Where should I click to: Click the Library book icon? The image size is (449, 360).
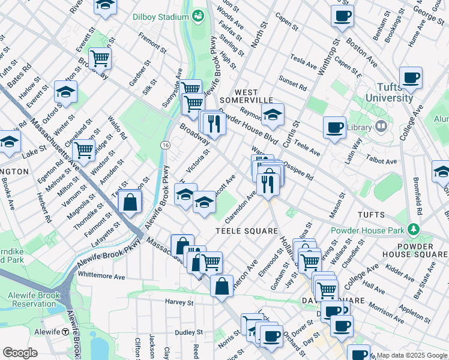pyautogui.click(x=381, y=127)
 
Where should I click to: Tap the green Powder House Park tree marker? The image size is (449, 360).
pyautogui.click(x=412, y=229)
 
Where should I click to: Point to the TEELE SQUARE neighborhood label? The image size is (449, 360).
pyautogui.click(x=248, y=230)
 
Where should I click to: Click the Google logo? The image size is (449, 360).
pyautogui.click(x=20, y=353)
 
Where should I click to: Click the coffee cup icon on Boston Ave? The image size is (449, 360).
pyautogui.click(x=342, y=17)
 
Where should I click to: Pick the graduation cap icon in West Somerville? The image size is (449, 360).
pyautogui.click(x=273, y=115)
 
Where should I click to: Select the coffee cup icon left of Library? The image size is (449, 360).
pyautogui.click(x=334, y=127)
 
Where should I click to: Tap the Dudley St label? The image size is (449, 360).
pyautogui.click(x=190, y=332)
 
